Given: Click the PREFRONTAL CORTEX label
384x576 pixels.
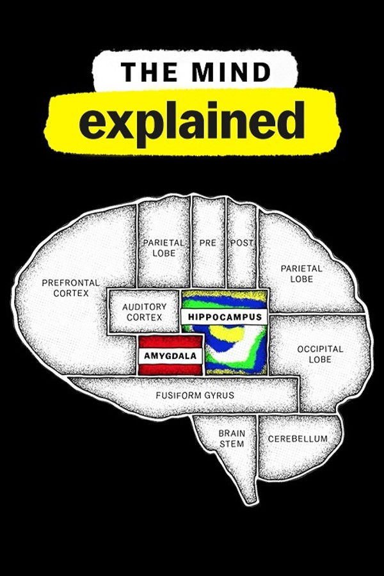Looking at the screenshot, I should pos(70,287).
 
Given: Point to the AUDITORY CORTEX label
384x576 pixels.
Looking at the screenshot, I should pos(144,312).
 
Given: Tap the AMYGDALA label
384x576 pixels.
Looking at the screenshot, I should pos(170,355).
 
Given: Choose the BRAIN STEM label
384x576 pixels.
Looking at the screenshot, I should pos(231,438).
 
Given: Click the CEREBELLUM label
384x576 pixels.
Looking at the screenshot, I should pos(298,439).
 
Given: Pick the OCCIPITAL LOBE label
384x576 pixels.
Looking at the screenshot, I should pos(320,354).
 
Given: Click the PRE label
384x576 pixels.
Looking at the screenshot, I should pos(207,243).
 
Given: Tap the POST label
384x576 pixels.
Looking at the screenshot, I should pos(241,243).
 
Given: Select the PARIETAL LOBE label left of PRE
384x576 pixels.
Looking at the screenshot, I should pos(163,248).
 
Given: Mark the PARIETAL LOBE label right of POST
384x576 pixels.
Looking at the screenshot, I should pos(301,273).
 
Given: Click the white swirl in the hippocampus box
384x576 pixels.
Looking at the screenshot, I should pos(246,349).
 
